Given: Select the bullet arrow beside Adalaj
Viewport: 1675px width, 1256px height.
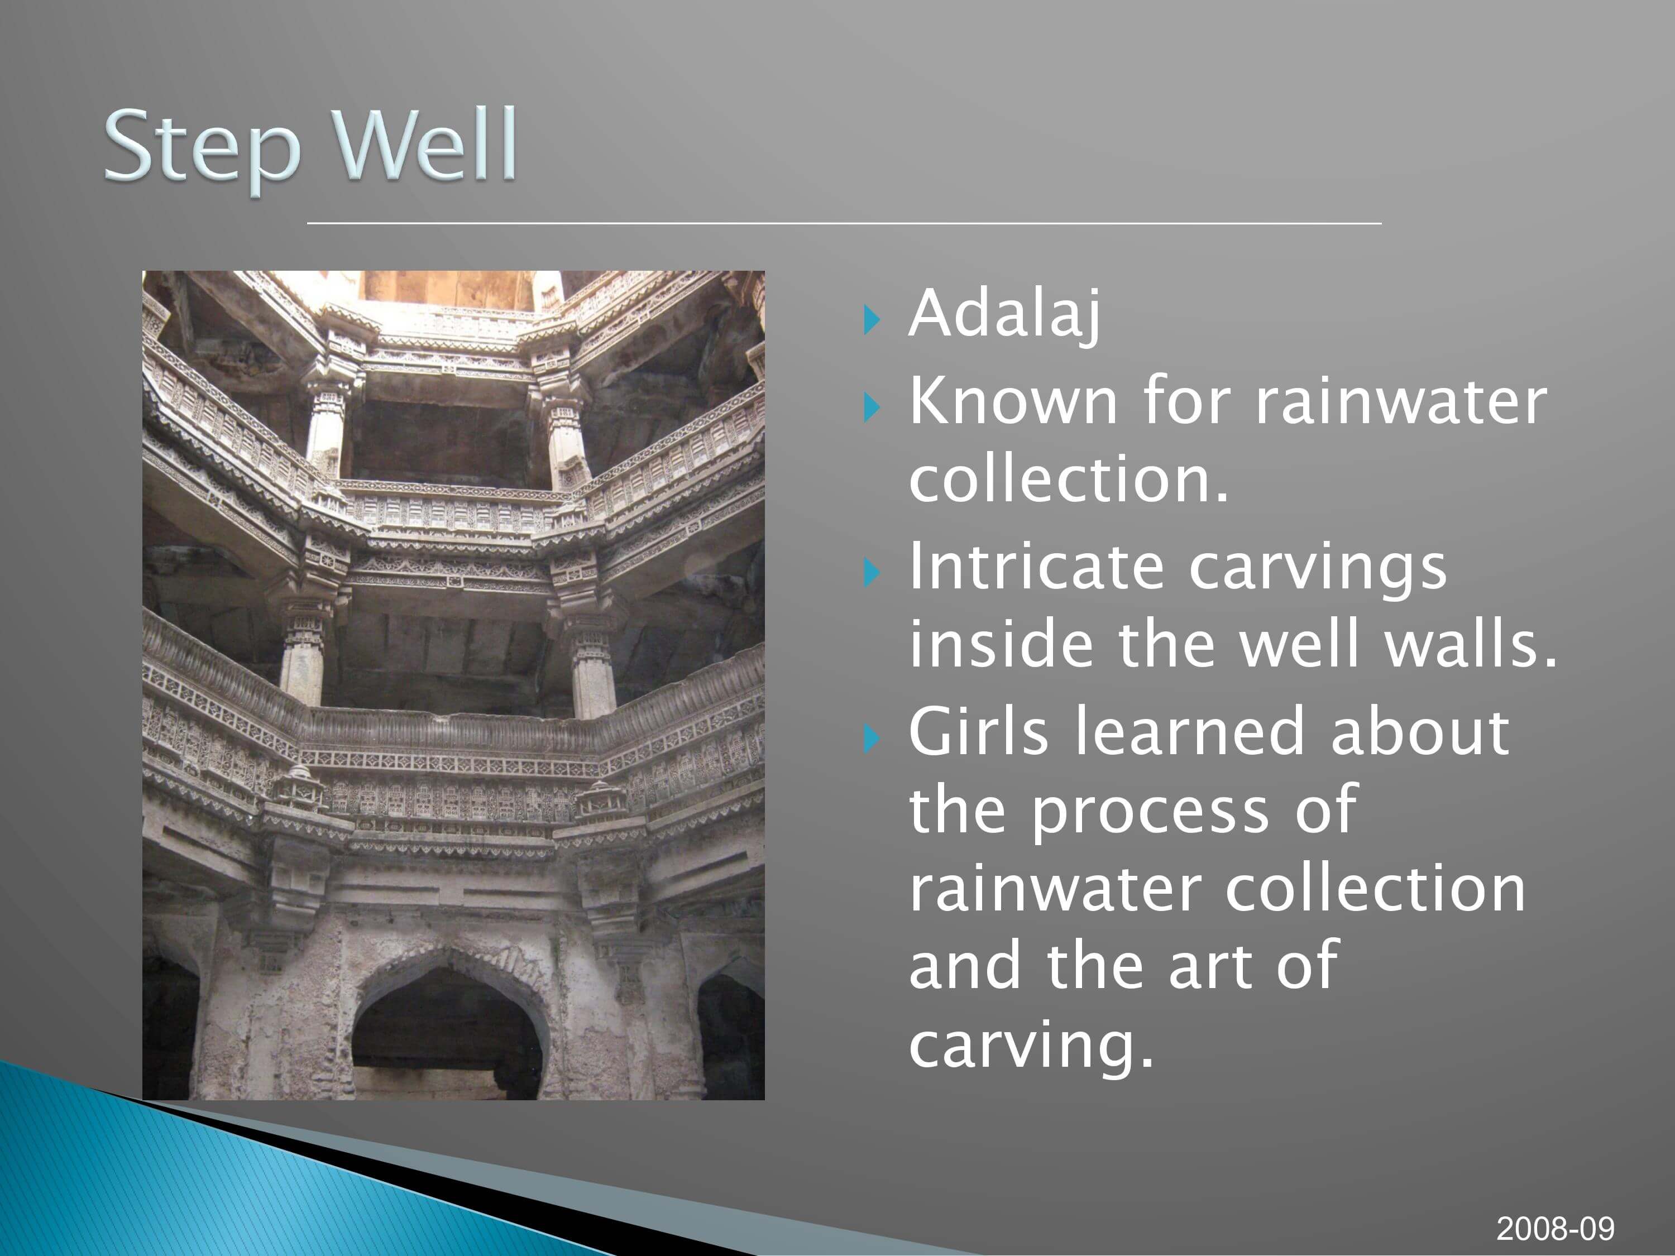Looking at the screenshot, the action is click(x=872, y=320).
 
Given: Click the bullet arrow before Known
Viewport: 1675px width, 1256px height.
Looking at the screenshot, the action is click(x=872, y=408).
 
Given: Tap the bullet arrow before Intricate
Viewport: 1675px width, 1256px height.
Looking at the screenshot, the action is click(x=872, y=573).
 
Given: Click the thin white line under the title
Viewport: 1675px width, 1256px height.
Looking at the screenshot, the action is click(x=844, y=223).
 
